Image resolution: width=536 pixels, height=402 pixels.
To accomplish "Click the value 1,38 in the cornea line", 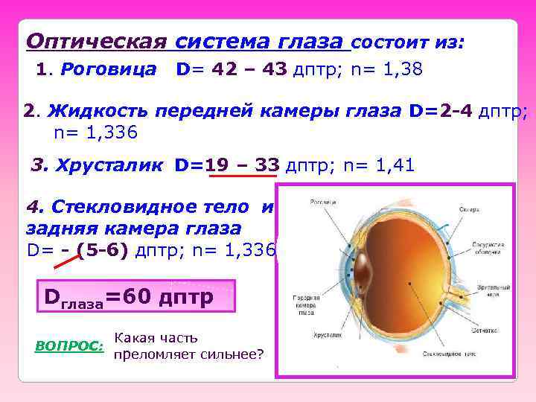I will [x=401, y=70].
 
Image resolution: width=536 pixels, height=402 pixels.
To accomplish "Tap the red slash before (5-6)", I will [x=68, y=261].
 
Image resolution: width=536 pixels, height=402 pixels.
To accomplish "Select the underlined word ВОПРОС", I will [x=69, y=346].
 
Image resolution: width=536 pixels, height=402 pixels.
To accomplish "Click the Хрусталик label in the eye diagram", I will [x=331, y=336].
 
